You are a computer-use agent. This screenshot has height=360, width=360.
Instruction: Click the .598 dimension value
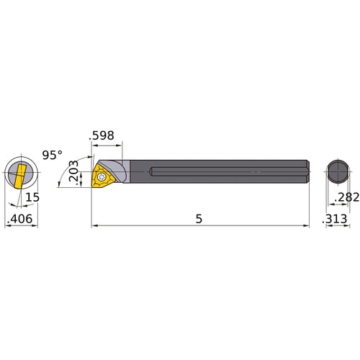click(102, 135)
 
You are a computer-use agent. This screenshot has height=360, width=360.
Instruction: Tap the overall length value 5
click(199, 217)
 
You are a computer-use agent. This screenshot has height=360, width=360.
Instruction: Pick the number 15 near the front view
click(32, 197)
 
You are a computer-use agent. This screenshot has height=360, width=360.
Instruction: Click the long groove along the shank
click(230, 172)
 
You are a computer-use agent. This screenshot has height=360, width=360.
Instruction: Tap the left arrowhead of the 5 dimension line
click(94, 226)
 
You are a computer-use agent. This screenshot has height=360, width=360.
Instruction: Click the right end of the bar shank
click(307, 173)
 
